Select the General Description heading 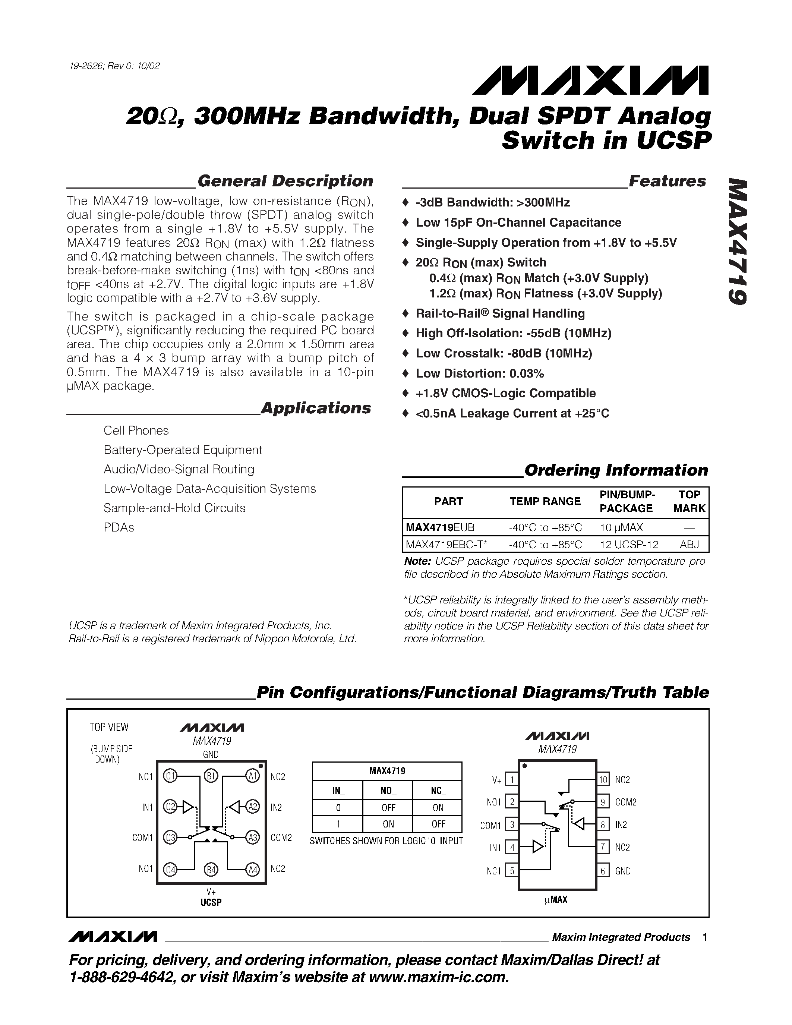(285, 181)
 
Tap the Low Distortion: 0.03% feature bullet (480, 373)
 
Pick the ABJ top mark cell (689, 545)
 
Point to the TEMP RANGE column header (545, 501)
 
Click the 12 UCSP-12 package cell (629, 545)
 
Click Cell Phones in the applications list (136, 430)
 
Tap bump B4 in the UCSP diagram (211, 870)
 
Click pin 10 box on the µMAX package (603, 779)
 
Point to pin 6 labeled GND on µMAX (603, 871)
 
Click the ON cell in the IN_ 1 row (388, 824)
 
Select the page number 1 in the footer (705, 937)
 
